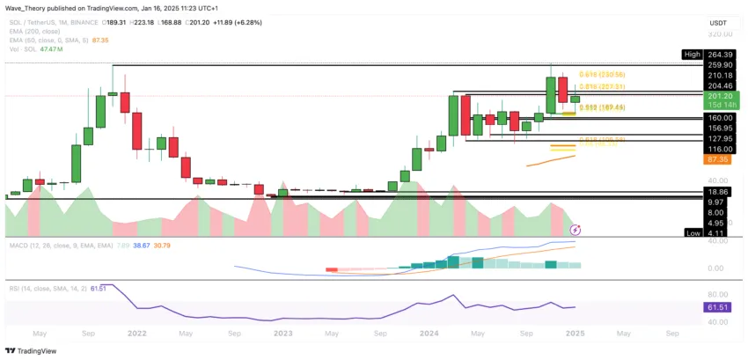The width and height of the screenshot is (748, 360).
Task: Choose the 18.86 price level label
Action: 718,191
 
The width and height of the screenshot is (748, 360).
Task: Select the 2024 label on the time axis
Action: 429,334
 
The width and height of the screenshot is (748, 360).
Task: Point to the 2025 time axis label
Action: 576,334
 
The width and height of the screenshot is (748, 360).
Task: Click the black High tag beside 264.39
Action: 693,55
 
